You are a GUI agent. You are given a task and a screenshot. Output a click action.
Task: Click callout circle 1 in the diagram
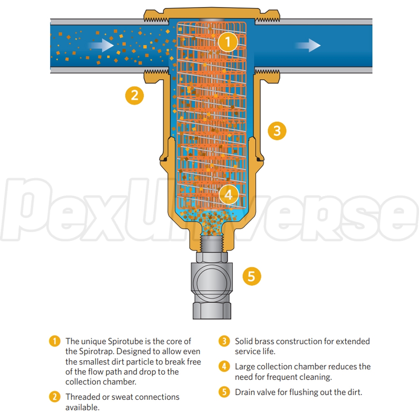click(228, 42)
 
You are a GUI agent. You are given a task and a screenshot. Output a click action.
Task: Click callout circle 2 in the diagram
click(134, 96)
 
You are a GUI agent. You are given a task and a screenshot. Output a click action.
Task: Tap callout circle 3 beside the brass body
click(277, 131)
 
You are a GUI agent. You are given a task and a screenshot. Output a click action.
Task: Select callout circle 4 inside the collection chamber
click(228, 194)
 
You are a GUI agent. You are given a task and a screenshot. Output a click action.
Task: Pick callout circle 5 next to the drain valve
click(251, 276)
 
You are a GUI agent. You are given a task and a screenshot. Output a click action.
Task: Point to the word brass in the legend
click(266, 341)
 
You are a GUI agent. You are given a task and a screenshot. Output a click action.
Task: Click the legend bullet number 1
click(54, 341)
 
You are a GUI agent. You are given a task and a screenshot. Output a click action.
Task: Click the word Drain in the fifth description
click(245, 392)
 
